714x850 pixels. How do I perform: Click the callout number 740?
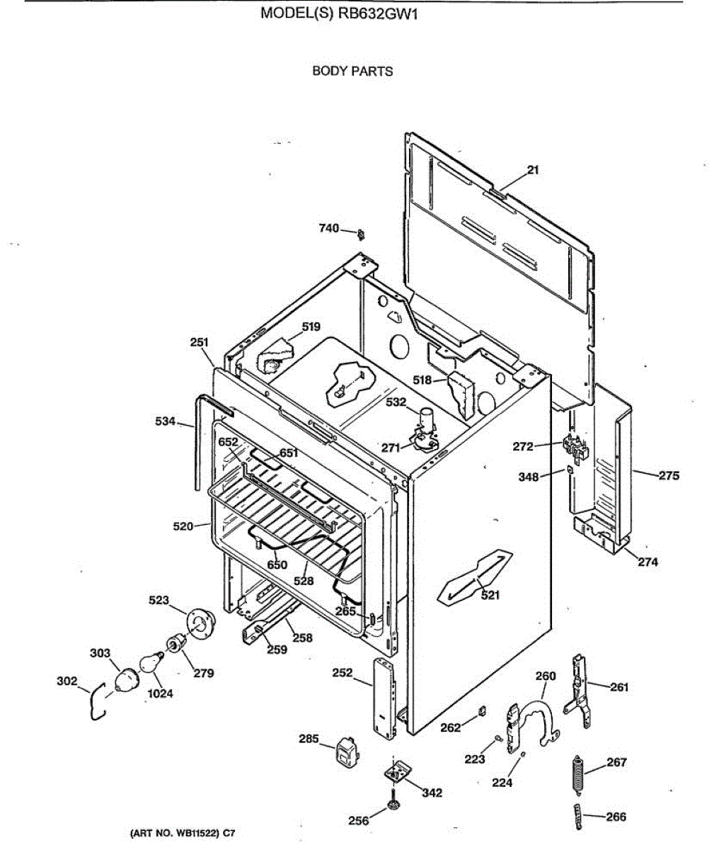(x=329, y=228)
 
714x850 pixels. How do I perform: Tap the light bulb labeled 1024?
(x=146, y=663)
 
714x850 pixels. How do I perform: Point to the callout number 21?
(x=533, y=170)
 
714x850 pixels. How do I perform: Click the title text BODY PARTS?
(x=352, y=72)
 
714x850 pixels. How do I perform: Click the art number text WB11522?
(x=194, y=834)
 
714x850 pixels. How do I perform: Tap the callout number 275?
(x=669, y=476)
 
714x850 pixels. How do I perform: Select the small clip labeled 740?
(x=361, y=233)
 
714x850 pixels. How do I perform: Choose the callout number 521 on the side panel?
(x=490, y=595)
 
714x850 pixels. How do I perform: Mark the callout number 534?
(x=165, y=422)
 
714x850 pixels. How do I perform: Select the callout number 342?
(x=432, y=793)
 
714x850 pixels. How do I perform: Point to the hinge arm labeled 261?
(x=579, y=691)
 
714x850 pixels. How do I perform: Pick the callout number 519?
(x=311, y=327)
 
